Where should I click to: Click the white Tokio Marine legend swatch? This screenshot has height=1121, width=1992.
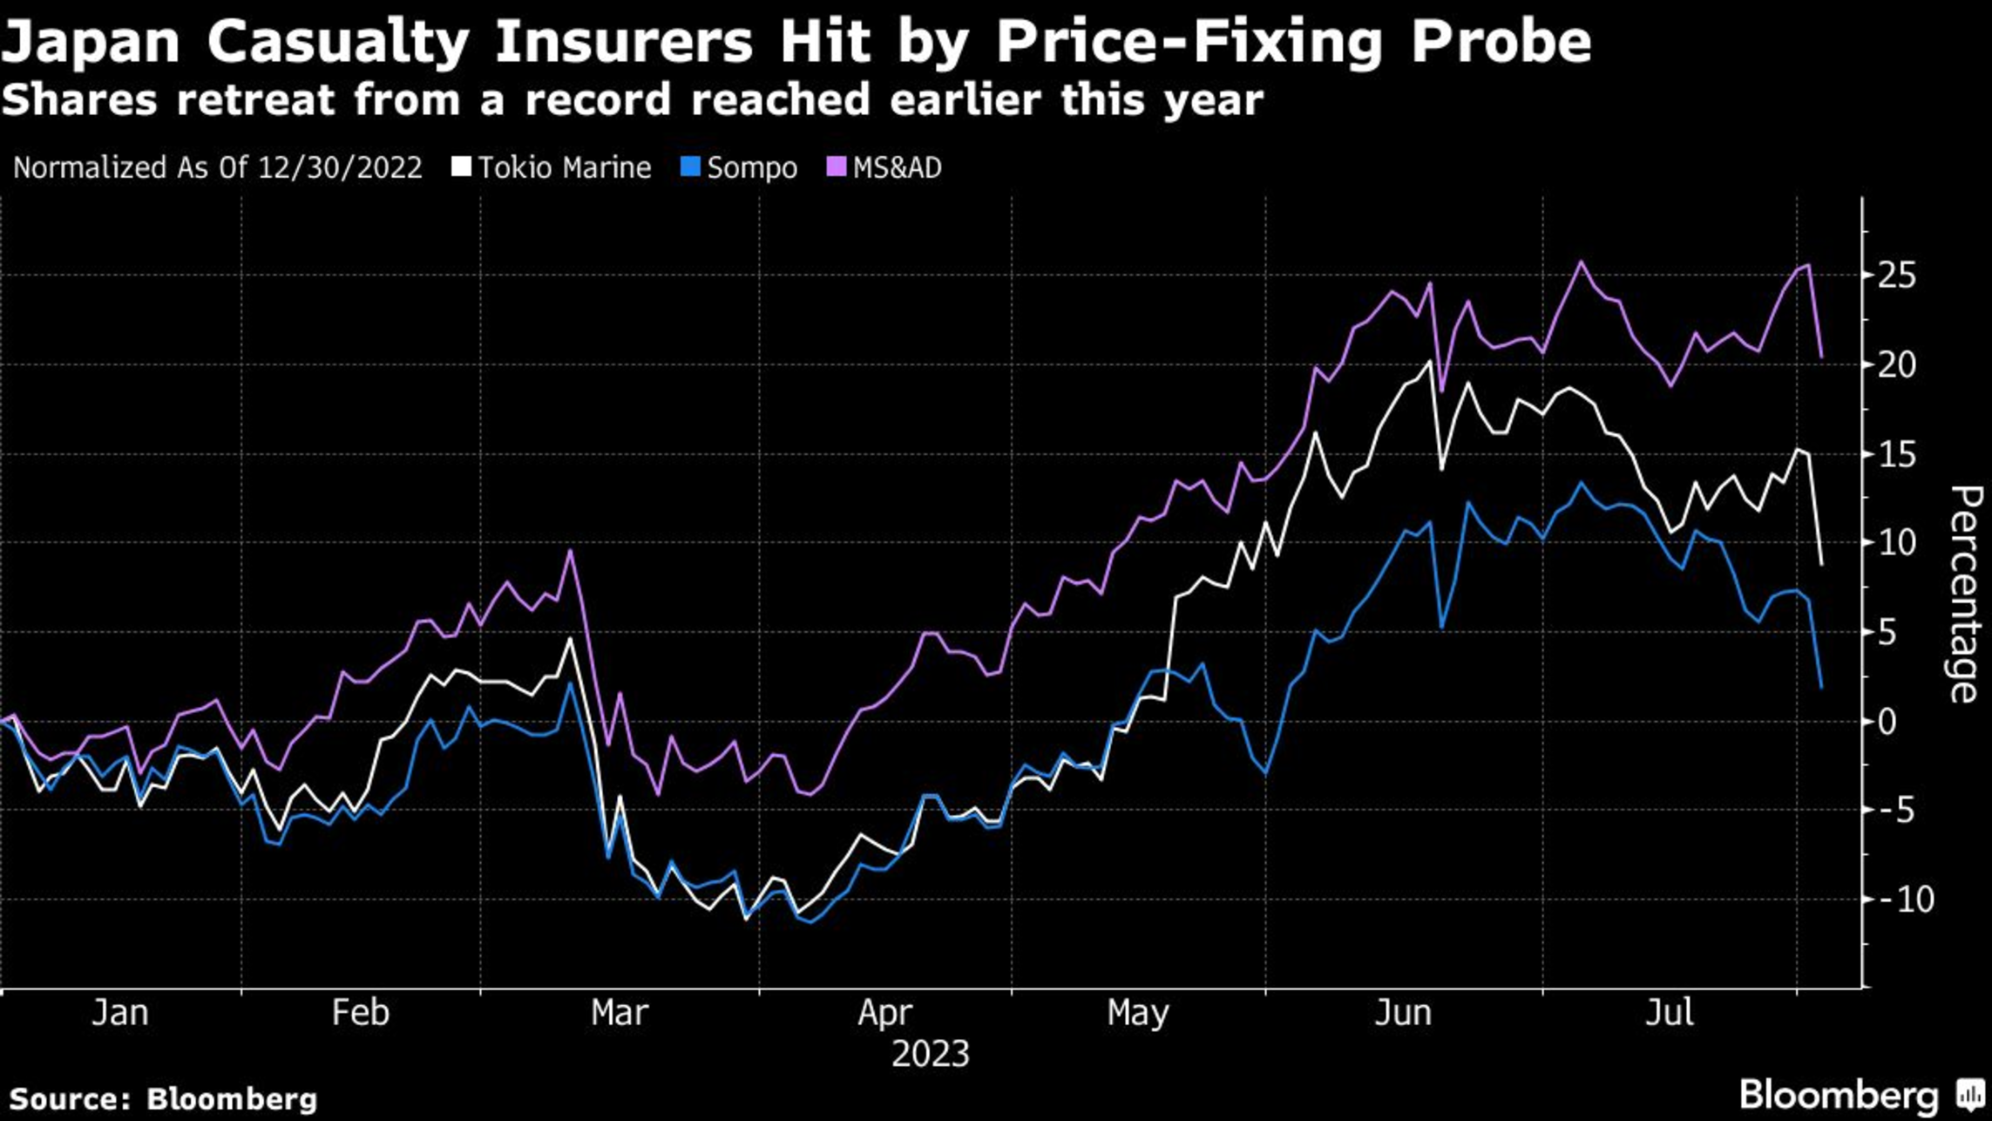tap(461, 167)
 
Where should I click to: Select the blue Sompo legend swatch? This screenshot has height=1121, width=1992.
tap(690, 167)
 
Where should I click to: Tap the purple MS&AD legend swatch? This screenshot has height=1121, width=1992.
tap(836, 167)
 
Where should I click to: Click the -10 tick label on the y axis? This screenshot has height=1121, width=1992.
tap(1905, 900)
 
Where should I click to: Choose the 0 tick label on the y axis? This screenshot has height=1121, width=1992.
tap(1887, 722)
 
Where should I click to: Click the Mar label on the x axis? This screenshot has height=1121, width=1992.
tap(620, 1013)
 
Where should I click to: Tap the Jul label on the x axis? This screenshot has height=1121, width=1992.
tap(1670, 1013)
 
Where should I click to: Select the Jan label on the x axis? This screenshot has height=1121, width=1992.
tap(120, 1013)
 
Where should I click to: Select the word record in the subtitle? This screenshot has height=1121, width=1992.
tap(598, 100)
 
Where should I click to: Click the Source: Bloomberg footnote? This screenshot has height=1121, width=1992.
tap(163, 1098)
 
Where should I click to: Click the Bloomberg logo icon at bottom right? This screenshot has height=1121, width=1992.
tap(1969, 1093)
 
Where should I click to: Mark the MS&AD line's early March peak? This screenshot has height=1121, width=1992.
tap(570, 551)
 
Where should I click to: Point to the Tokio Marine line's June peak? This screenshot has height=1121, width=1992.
tap(1430, 361)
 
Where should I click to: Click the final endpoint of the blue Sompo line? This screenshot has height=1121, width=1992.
tap(1820, 688)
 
